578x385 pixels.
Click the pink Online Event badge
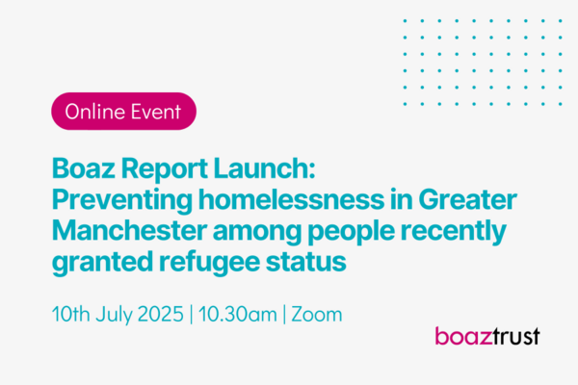pyautogui.click(x=123, y=112)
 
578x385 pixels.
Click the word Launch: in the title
pyautogui.click(x=264, y=168)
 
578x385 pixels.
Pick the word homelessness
pyautogui.click(x=292, y=199)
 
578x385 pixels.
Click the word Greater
pyautogui.click(x=467, y=199)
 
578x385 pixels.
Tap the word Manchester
pyautogui.click(x=129, y=231)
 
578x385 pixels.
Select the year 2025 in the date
pyautogui.click(x=160, y=315)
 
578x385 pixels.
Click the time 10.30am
pyautogui.click(x=237, y=315)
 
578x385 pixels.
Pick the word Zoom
pyautogui.click(x=317, y=315)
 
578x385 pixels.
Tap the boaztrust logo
pyautogui.click(x=487, y=336)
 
